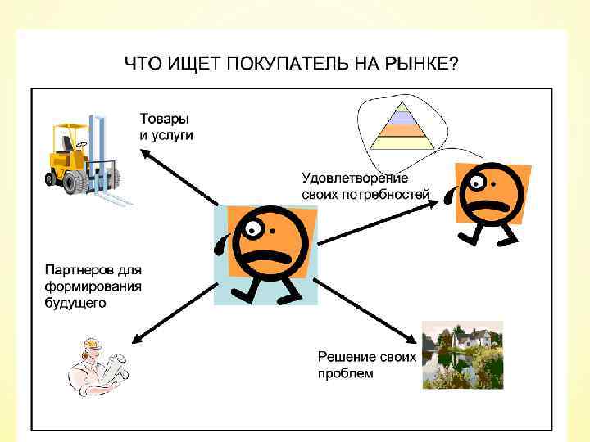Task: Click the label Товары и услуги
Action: coord(166,126)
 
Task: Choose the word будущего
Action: coord(75,303)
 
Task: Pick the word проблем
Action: coord(345,373)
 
